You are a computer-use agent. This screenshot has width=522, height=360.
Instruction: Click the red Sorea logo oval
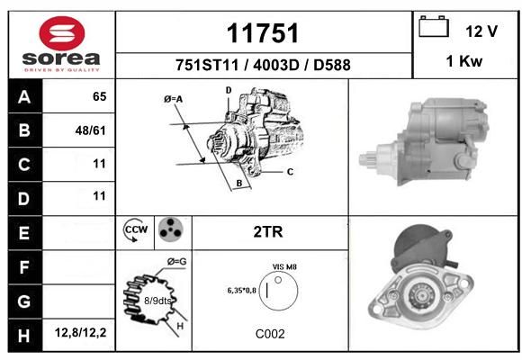pos(62,33)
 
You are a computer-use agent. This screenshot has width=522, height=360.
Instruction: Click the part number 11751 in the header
pos(263,33)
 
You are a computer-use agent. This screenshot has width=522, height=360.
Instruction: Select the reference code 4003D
pos(276,65)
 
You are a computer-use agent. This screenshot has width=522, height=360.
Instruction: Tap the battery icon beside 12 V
pos(434,26)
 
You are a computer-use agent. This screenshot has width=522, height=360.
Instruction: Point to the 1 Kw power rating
pos(463,61)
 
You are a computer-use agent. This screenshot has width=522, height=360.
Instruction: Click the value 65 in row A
pos(100,96)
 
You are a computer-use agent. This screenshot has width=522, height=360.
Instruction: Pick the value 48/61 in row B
pos(91,130)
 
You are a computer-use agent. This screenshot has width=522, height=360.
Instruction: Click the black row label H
pos(25,335)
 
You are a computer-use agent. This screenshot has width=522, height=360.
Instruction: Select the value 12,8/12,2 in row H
pos(81,332)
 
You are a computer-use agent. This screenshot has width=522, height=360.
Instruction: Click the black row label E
pos(25,233)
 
